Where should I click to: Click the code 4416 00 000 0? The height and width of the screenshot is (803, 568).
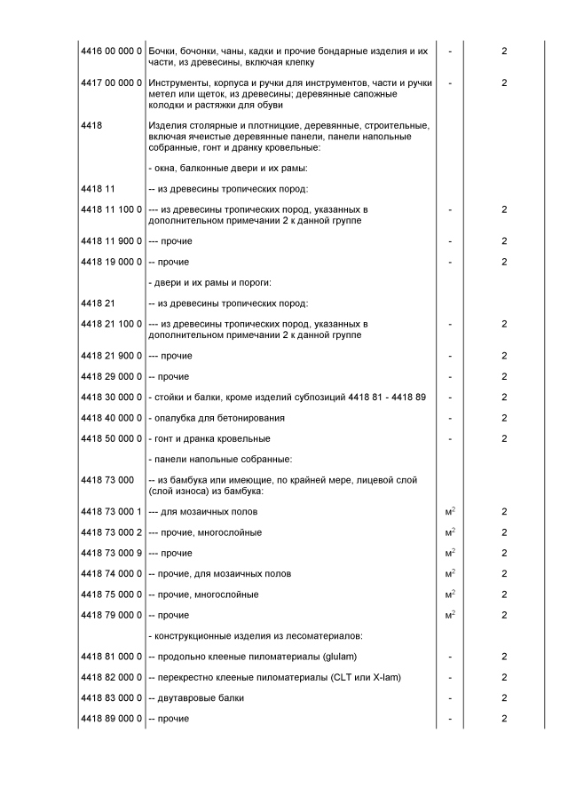[x=111, y=51]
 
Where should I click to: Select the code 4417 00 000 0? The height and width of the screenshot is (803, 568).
[x=111, y=83]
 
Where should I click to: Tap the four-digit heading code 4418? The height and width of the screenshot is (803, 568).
[x=91, y=126]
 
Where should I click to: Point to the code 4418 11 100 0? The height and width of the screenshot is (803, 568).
[x=111, y=209]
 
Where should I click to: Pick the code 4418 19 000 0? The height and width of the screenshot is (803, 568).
[x=111, y=262]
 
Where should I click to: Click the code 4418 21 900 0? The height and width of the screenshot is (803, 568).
[x=111, y=356]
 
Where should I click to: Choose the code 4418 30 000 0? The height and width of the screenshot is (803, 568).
[x=111, y=397]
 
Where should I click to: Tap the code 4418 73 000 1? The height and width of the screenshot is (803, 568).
[x=111, y=512]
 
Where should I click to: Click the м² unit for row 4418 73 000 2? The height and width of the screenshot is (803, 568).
[x=450, y=532]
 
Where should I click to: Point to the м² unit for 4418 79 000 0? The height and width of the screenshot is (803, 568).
[x=450, y=615]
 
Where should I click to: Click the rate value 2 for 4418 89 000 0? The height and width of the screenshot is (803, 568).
[x=504, y=718]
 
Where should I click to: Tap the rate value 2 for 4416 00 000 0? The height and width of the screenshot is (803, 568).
[x=504, y=51]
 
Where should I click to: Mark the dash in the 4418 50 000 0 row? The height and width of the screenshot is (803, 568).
[x=450, y=438]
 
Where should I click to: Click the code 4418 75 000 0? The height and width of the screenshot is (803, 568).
[x=111, y=594]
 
